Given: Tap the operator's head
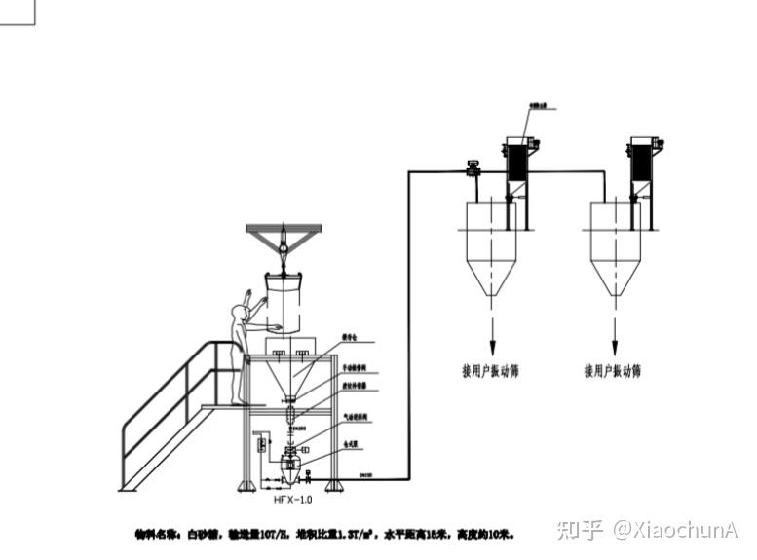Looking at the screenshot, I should click(238, 312).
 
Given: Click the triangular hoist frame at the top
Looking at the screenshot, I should click(284, 233).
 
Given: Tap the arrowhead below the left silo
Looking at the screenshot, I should click(492, 350).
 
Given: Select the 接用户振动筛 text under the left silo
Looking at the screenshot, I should click(490, 371).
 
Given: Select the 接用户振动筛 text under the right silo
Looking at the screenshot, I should click(613, 371).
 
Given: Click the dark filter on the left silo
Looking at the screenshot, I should click(516, 161).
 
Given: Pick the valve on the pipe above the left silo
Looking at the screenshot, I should click(473, 169).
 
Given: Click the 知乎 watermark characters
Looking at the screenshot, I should click(579, 530).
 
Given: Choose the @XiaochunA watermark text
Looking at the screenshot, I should click(674, 530).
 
